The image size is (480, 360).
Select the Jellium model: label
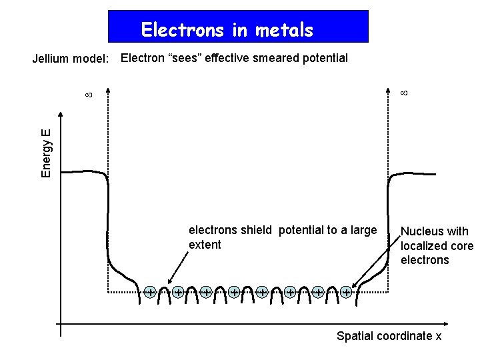[x=71, y=59]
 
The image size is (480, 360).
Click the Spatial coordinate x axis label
[x=389, y=336]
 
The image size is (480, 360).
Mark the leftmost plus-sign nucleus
[x=150, y=291]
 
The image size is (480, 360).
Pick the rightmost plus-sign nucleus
[x=346, y=291]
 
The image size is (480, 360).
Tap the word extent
[x=205, y=245]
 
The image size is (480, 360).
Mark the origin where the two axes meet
[x=61, y=324]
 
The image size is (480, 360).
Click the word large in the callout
[x=363, y=231]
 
